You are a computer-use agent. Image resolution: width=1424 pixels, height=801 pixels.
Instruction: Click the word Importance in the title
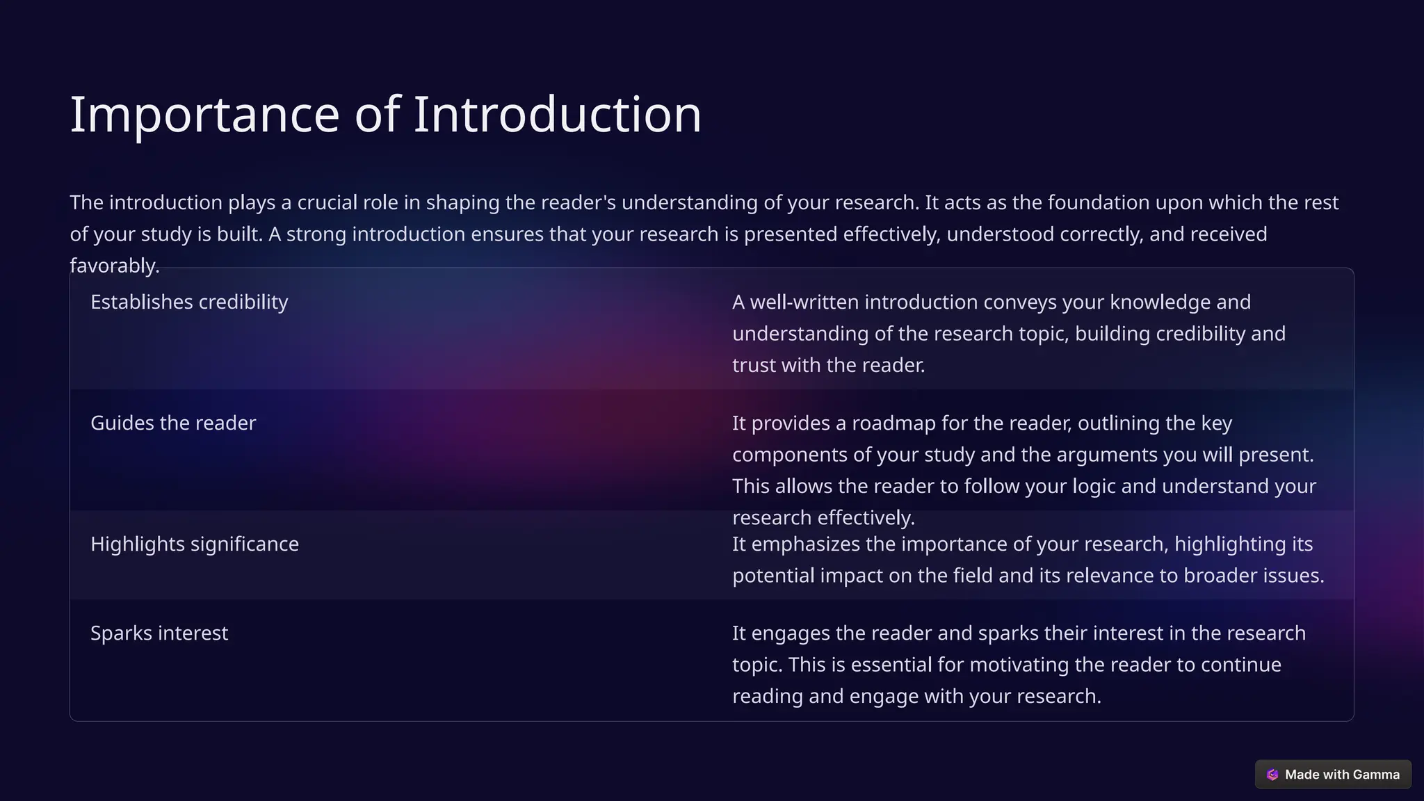(204, 115)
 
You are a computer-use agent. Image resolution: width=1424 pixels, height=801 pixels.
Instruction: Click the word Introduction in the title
(558, 115)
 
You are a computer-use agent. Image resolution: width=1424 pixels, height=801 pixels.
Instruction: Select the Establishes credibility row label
(189, 302)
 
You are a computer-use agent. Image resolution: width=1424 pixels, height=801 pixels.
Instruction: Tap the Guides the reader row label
(173, 423)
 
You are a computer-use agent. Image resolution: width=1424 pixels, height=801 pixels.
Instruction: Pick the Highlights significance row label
(195, 544)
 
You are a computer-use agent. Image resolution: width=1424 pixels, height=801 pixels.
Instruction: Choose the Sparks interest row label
(159, 633)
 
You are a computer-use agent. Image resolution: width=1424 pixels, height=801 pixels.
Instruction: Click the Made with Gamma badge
(1333, 775)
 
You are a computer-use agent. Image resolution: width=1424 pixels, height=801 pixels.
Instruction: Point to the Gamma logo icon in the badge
(1272, 775)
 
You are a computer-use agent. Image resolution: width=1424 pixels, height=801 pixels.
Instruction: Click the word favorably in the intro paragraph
(113, 266)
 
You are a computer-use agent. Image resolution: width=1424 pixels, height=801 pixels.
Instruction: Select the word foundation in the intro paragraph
(1098, 203)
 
